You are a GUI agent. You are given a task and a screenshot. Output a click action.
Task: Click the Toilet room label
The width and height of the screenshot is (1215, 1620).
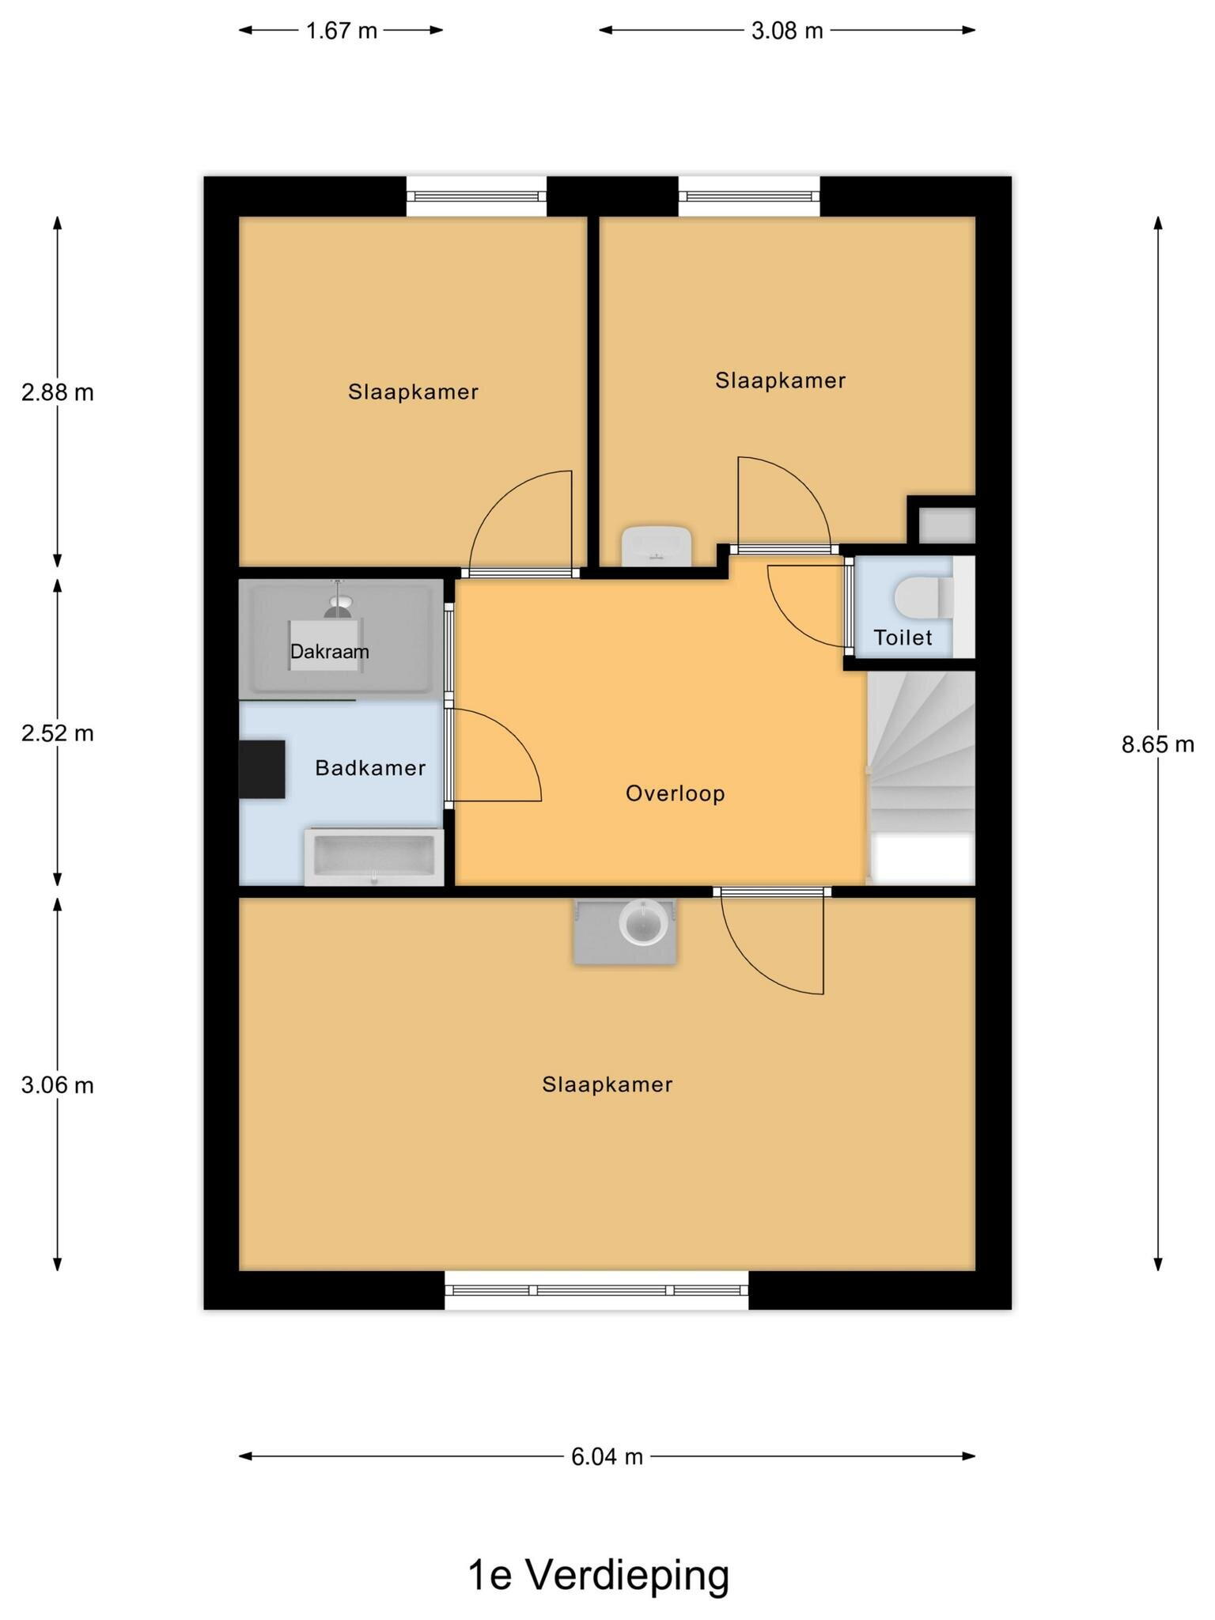(x=903, y=638)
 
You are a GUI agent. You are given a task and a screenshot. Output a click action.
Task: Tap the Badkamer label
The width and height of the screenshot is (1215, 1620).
(x=370, y=767)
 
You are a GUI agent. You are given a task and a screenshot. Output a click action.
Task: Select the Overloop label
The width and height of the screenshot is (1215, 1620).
(x=676, y=793)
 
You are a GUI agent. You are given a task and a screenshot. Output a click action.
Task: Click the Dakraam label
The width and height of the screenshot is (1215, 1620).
(x=330, y=652)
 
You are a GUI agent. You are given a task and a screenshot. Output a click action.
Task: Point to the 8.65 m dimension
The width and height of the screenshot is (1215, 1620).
(x=1158, y=744)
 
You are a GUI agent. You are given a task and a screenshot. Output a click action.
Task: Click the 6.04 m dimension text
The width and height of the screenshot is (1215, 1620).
(x=607, y=1456)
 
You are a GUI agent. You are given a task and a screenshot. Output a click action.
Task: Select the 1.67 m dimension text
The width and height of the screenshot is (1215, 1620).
(x=342, y=31)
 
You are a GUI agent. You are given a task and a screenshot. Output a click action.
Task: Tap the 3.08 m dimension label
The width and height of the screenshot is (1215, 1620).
(x=787, y=31)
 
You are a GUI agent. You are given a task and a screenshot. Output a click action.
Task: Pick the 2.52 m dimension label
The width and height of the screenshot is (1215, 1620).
(x=58, y=733)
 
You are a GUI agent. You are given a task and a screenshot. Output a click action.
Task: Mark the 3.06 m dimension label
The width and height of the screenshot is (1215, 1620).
(x=58, y=1084)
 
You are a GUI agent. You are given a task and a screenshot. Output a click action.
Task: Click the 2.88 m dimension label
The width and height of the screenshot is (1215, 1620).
(x=58, y=392)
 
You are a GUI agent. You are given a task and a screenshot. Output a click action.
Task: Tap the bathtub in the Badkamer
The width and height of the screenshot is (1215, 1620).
(x=374, y=857)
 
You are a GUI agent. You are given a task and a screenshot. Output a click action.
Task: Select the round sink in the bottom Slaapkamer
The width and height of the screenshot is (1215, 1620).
(x=644, y=922)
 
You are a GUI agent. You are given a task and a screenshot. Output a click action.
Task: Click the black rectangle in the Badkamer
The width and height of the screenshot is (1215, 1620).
(x=262, y=769)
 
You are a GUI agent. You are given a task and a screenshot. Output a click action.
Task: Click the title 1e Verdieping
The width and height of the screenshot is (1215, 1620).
(x=599, y=1553)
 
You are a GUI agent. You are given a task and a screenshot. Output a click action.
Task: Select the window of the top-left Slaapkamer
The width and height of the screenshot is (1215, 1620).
(x=476, y=196)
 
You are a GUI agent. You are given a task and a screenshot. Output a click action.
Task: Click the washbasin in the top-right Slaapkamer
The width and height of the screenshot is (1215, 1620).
(x=657, y=547)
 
